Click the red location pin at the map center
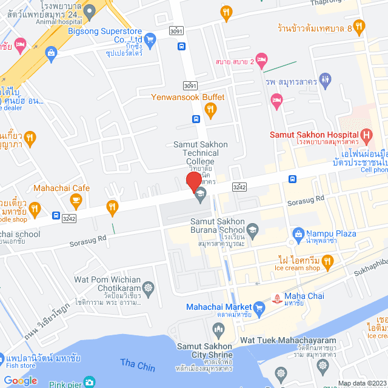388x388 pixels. tap(193, 181)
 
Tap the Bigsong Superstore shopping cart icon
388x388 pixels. tap(151, 40)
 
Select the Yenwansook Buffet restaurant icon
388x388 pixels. tap(210, 109)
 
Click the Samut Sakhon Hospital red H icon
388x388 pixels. tap(366, 134)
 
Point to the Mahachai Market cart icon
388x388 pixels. tap(259, 308)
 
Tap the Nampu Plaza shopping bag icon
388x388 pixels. tap(298, 233)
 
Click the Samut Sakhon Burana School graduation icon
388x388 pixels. tap(252, 229)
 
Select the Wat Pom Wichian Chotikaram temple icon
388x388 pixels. tap(147, 286)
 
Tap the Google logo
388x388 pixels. tap(21, 381)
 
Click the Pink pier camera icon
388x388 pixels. tap(90, 382)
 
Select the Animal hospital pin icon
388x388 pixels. tap(89, 9)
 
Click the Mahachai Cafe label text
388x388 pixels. tap(61, 188)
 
